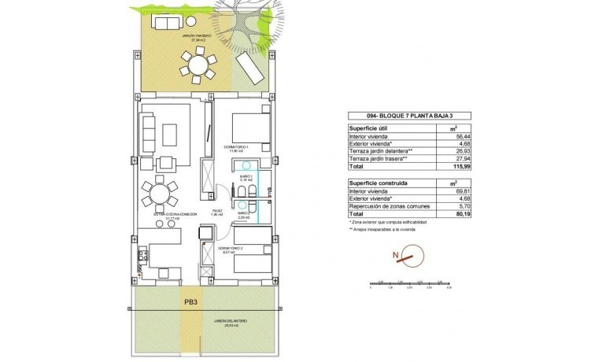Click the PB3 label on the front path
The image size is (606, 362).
point(190,301)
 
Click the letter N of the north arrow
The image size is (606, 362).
point(397,254)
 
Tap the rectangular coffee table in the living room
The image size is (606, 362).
point(171,132)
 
